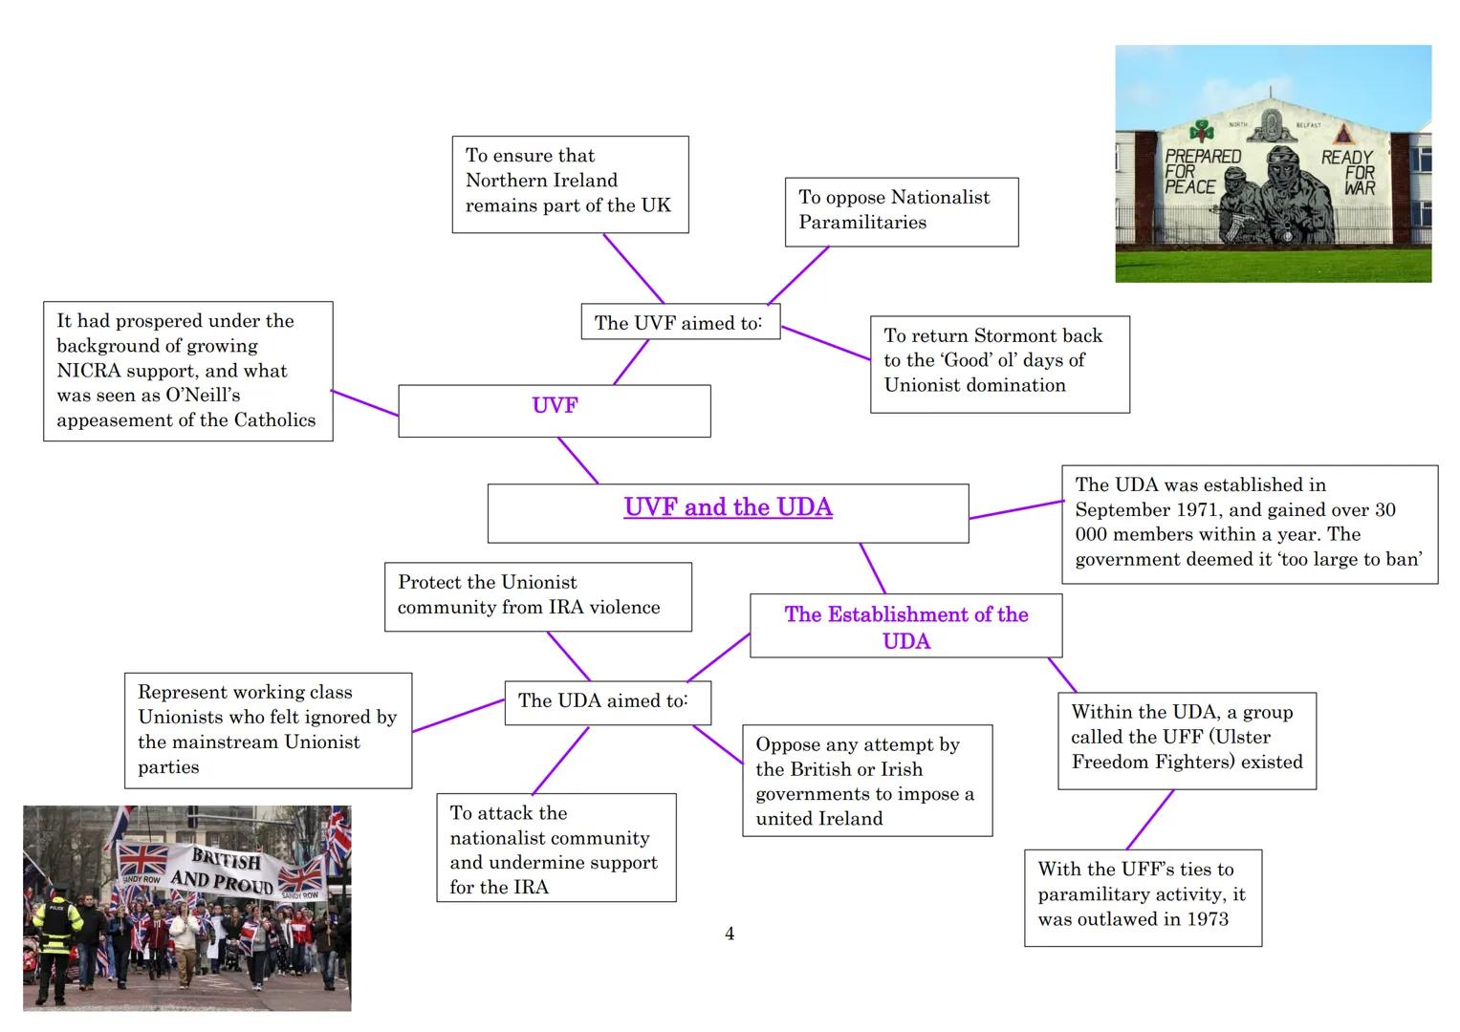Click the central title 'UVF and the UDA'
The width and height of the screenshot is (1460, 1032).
coord(728,507)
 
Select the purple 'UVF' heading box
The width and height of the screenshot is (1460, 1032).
coord(555,406)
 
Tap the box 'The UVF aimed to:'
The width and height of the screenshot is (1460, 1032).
coord(679,323)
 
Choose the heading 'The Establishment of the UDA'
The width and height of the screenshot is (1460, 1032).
coord(905,627)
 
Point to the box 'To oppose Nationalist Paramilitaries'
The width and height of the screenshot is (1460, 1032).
coord(901,210)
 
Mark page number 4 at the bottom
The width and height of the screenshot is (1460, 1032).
coord(730,934)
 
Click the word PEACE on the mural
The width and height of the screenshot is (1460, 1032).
coord(1189,187)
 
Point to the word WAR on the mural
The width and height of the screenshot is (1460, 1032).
coord(1359,188)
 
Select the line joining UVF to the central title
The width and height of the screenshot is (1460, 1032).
coord(577,461)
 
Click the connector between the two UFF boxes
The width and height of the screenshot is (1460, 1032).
coord(1150,820)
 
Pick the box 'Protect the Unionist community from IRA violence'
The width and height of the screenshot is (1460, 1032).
coord(537,595)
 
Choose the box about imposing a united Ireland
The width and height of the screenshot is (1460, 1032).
coord(866,781)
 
